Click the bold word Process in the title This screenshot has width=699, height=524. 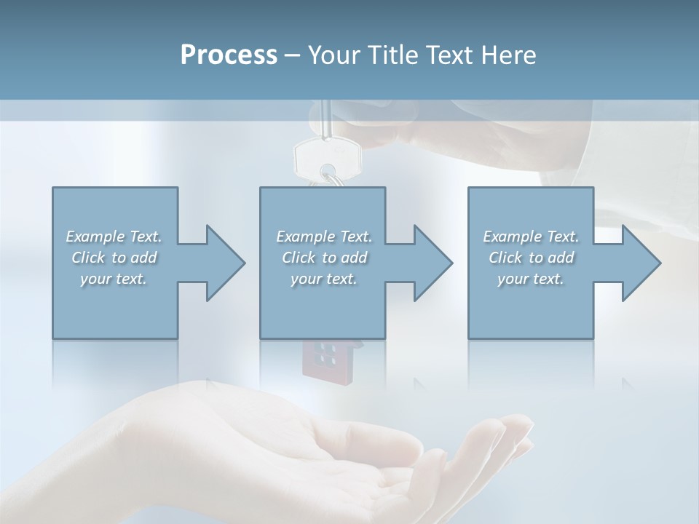click(229, 55)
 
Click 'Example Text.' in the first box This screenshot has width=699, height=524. click(114, 237)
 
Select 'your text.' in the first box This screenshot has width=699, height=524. click(114, 279)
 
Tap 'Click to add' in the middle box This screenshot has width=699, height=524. click(324, 258)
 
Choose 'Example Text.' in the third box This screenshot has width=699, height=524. click(531, 237)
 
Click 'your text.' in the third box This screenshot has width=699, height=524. click(531, 279)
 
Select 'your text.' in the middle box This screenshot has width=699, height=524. click(324, 279)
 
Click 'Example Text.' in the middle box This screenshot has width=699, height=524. click(324, 237)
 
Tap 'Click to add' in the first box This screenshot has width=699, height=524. click(114, 258)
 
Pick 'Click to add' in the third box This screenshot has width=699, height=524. click(531, 258)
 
